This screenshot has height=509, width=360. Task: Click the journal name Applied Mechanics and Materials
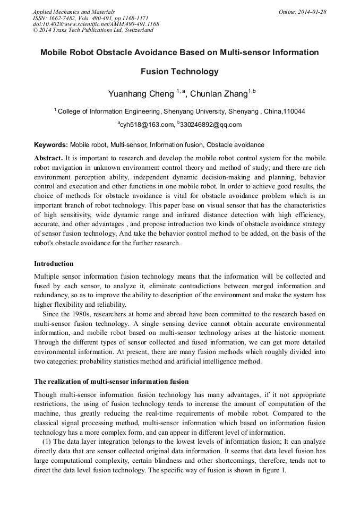[x=73, y=12]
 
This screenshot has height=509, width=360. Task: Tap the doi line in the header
[x=96, y=24]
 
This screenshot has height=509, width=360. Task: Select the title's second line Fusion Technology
[x=179, y=72]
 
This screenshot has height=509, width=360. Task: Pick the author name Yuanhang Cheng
[x=141, y=94]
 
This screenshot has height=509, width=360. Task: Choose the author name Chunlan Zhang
[x=218, y=94]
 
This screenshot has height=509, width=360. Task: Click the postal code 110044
[x=294, y=111]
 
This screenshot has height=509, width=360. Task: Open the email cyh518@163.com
[x=147, y=125]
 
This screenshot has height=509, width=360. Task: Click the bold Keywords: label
[x=50, y=144]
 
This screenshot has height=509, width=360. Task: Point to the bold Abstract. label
[x=48, y=158]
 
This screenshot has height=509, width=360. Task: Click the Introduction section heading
[x=54, y=263]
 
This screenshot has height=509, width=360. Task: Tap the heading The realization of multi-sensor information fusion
[x=111, y=381]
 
